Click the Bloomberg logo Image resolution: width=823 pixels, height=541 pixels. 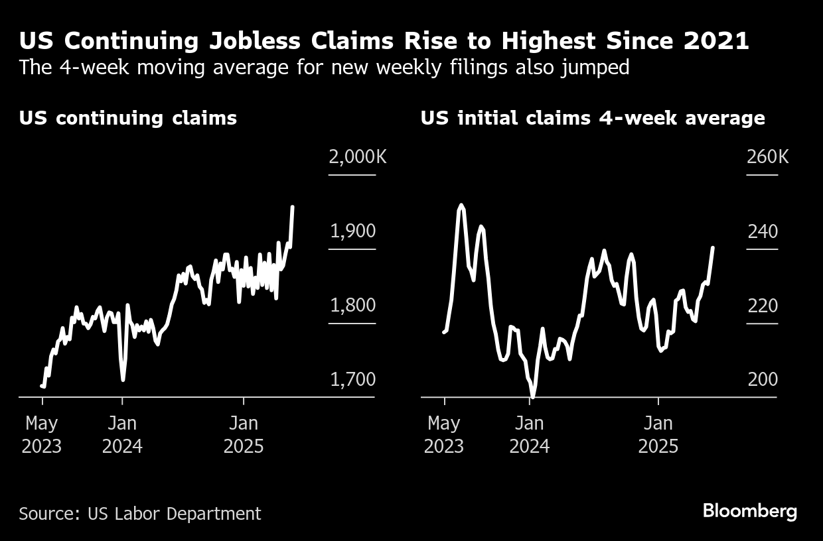[x=749, y=511]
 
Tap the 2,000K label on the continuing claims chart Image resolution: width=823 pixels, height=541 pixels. [x=357, y=158]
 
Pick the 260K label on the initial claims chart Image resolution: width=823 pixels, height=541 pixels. [x=768, y=158]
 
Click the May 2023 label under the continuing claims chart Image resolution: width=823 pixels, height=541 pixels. [x=42, y=434]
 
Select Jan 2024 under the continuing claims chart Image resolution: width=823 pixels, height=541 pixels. [x=122, y=434]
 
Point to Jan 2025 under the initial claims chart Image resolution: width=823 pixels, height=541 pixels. [x=658, y=434]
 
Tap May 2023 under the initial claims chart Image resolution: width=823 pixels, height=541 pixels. [x=444, y=434]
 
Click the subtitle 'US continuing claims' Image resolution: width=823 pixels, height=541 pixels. [x=128, y=118]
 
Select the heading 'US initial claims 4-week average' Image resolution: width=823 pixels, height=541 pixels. [x=593, y=118]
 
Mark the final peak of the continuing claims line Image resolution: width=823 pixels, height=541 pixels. [x=293, y=207]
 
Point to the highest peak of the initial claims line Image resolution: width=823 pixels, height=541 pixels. [x=461, y=206]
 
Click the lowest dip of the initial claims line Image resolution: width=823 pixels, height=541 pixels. [x=532, y=396]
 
